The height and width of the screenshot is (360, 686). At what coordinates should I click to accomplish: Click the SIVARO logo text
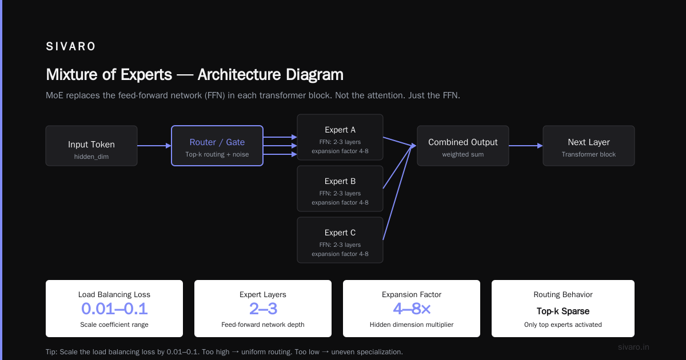(x=70, y=46)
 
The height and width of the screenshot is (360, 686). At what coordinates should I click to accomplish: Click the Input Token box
(x=91, y=146)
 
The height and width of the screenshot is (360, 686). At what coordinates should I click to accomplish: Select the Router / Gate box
(x=217, y=146)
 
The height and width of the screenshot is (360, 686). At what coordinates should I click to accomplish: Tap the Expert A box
(x=340, y=137)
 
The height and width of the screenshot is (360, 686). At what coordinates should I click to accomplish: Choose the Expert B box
(x=340, y=189)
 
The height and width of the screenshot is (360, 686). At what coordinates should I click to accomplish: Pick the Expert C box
(x=340, y=240)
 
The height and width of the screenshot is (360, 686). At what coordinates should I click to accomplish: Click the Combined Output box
(x=462, y=146)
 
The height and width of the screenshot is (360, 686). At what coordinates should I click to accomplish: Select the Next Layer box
(x=589, y=146)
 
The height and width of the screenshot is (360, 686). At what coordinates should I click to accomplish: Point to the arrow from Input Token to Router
(x=154, y=146)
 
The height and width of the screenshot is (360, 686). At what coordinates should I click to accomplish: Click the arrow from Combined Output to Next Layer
(x=526, y=146)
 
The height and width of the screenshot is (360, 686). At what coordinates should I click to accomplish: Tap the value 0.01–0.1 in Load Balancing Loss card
(x=114, y=309)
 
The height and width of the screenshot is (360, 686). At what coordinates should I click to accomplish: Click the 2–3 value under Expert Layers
(x=263, y=309)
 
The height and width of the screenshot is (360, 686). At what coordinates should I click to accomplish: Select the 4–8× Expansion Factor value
(x=412, y=309)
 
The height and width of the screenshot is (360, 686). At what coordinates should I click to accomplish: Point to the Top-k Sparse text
(x=563, y=311)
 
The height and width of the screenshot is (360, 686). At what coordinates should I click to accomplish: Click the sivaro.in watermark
(x=633, y=347)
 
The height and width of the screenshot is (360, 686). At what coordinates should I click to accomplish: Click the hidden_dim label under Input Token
(x=91, y=157)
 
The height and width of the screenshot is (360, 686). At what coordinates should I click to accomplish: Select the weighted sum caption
(x=462, y=155)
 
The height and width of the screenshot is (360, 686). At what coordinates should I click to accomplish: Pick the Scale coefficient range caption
(x=114, y=325)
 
